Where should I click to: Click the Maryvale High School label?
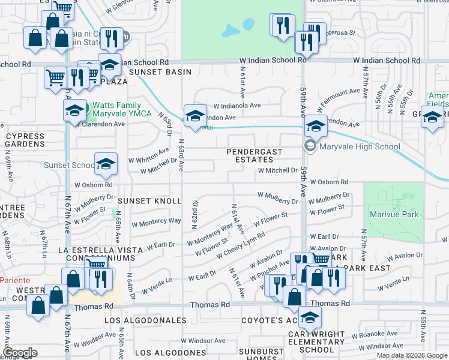359,146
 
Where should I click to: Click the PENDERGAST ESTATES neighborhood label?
254,156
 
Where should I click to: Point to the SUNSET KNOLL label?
149,201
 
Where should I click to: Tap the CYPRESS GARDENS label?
25,140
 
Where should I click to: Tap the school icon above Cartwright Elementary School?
310,316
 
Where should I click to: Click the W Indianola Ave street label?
237,105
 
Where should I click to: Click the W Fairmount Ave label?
339,98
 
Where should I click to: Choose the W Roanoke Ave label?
375,334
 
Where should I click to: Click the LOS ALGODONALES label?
145,320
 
